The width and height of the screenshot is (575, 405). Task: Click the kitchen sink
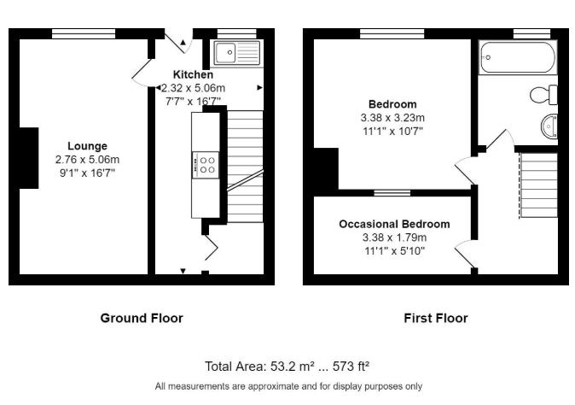pyautogui.click(x=236, y=54)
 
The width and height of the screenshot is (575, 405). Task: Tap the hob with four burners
pyautogui.click(x=207, y=164)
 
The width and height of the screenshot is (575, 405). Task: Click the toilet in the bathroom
pyautogui.click(x=543, y=93)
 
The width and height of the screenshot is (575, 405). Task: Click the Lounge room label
pyautogui.click(x=87, y=146)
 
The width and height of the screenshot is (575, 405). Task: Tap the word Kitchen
pyautogui.click(x=193, y=75)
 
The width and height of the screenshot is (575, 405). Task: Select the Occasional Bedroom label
pyautogui.click(x=393, y=225)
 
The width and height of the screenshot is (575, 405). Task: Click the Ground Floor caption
pyautogui.click(x=142, y=318)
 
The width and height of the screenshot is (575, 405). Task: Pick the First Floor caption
pyautogui.click(x=435, y=318)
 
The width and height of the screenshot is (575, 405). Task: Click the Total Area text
pyautogui.click(x=287, y=367)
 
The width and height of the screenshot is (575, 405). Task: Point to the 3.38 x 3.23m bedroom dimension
pyautogui.click(x=392, y=118)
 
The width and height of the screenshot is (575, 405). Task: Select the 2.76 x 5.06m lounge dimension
pyautogui.click(x=87, y=159)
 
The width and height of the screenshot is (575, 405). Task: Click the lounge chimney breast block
pyautogui.click(x=28, y=157)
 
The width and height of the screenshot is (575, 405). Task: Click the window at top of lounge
pyautogui.click(x=84, y=33)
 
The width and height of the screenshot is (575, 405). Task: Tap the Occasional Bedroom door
pyautogui.click(x=466, y=255)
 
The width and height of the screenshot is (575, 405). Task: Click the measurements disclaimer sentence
pyautogui.click(x=287, y=386)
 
